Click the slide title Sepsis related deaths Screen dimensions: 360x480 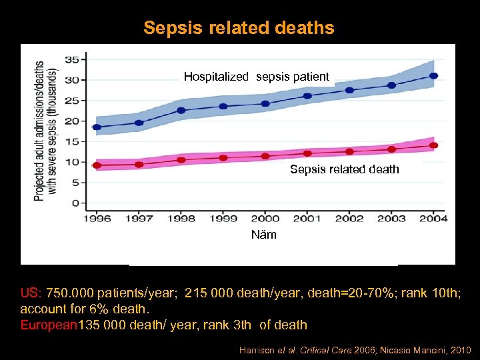(x=239, y=28)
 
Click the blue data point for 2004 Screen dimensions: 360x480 (x=433, y=76)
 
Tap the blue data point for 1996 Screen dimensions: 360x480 (x=97, y=127)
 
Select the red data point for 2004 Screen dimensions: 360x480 (x=433, y=145)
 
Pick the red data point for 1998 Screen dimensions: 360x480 (x=181, y=160)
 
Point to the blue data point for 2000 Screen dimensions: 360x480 (x=265, y=103)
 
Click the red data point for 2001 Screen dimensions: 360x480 (x=307, y=153)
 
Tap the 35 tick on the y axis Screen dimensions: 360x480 (x=71, y=59)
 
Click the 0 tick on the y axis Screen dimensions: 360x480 (x=75, y=203)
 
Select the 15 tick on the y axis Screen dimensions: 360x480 (x=71, y=141)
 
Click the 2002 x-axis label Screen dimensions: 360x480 (x=349, y=219)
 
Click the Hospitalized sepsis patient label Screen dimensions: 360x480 (x=257, y=77)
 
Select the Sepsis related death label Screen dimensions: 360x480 (x=344, y=169)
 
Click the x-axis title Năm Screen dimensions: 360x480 (x=263, y=235)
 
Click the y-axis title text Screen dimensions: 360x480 (x=45, y=131)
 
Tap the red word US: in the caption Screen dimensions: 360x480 (x=31, y=293)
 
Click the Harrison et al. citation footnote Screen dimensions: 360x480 (x=355, y=349)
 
